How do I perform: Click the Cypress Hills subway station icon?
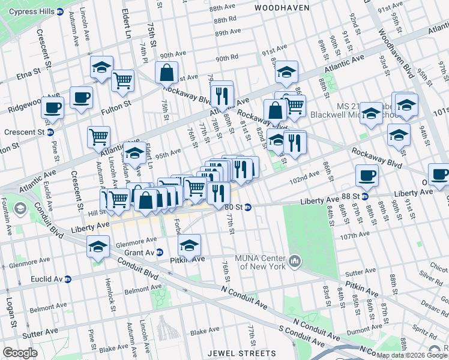click(x=59, y=11)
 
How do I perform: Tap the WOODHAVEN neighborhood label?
click(x=282, y=8)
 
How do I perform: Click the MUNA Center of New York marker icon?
click(x=295, y=261)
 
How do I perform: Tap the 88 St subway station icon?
click(x=364, y=196)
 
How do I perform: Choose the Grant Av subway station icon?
click(x=160, y=253)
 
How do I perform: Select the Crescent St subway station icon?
click(x=50, y=132)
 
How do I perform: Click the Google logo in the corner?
click(x=20, y=353)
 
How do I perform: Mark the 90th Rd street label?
click(x=228, y=58)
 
